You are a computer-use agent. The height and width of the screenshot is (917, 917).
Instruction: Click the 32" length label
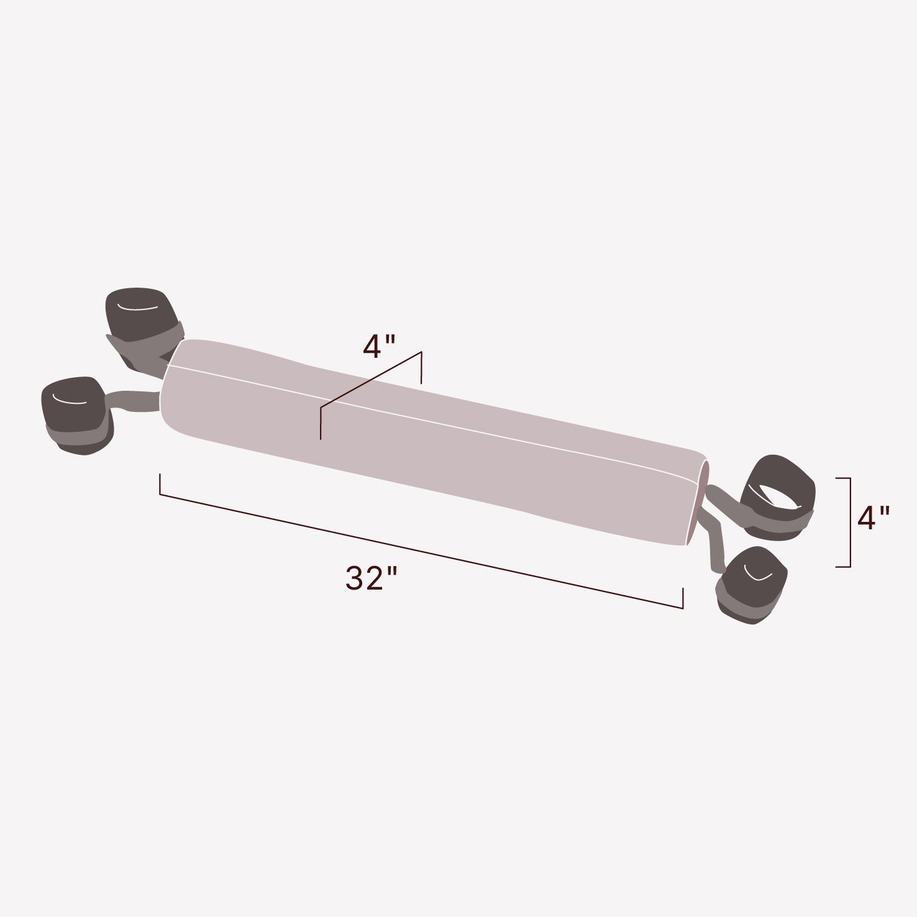pos(371,579)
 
